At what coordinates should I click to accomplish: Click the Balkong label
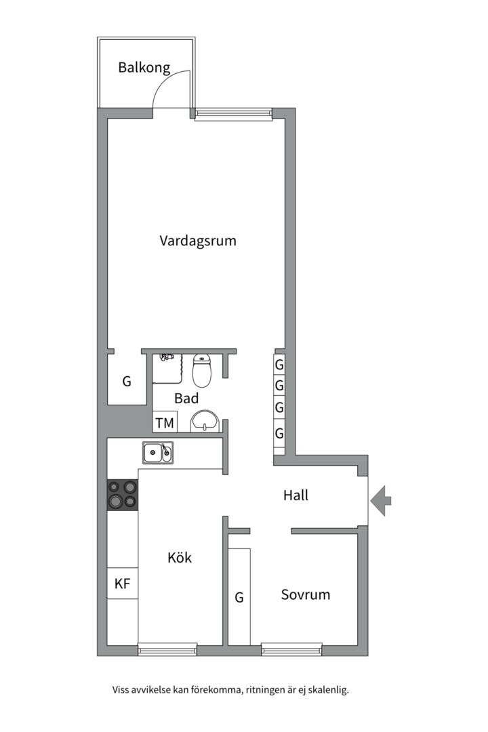pos(144,67)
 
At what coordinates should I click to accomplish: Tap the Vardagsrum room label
pos(198,240)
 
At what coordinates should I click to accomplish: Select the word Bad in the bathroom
pos(186,399)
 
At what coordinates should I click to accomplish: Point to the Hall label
pos(296,495)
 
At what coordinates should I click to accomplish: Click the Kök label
pos(180,558)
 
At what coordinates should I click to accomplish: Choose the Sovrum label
pos(306,594)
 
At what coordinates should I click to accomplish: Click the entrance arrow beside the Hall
pos(382,500)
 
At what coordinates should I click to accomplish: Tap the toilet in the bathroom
pos(203,369)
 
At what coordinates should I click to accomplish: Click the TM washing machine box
pos(165,424)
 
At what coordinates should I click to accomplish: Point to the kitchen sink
pos(157,451)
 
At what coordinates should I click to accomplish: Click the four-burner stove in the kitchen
pos(122,494)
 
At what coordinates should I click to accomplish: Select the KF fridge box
pos(122,584)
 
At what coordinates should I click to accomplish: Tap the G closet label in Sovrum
pos(239,597)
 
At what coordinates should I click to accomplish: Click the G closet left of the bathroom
pos(127,382)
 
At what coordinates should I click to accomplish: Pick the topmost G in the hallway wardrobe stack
pos(279,364)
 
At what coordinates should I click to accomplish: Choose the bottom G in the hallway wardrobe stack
pos(279,432)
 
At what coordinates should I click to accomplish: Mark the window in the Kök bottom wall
pos(167,650)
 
